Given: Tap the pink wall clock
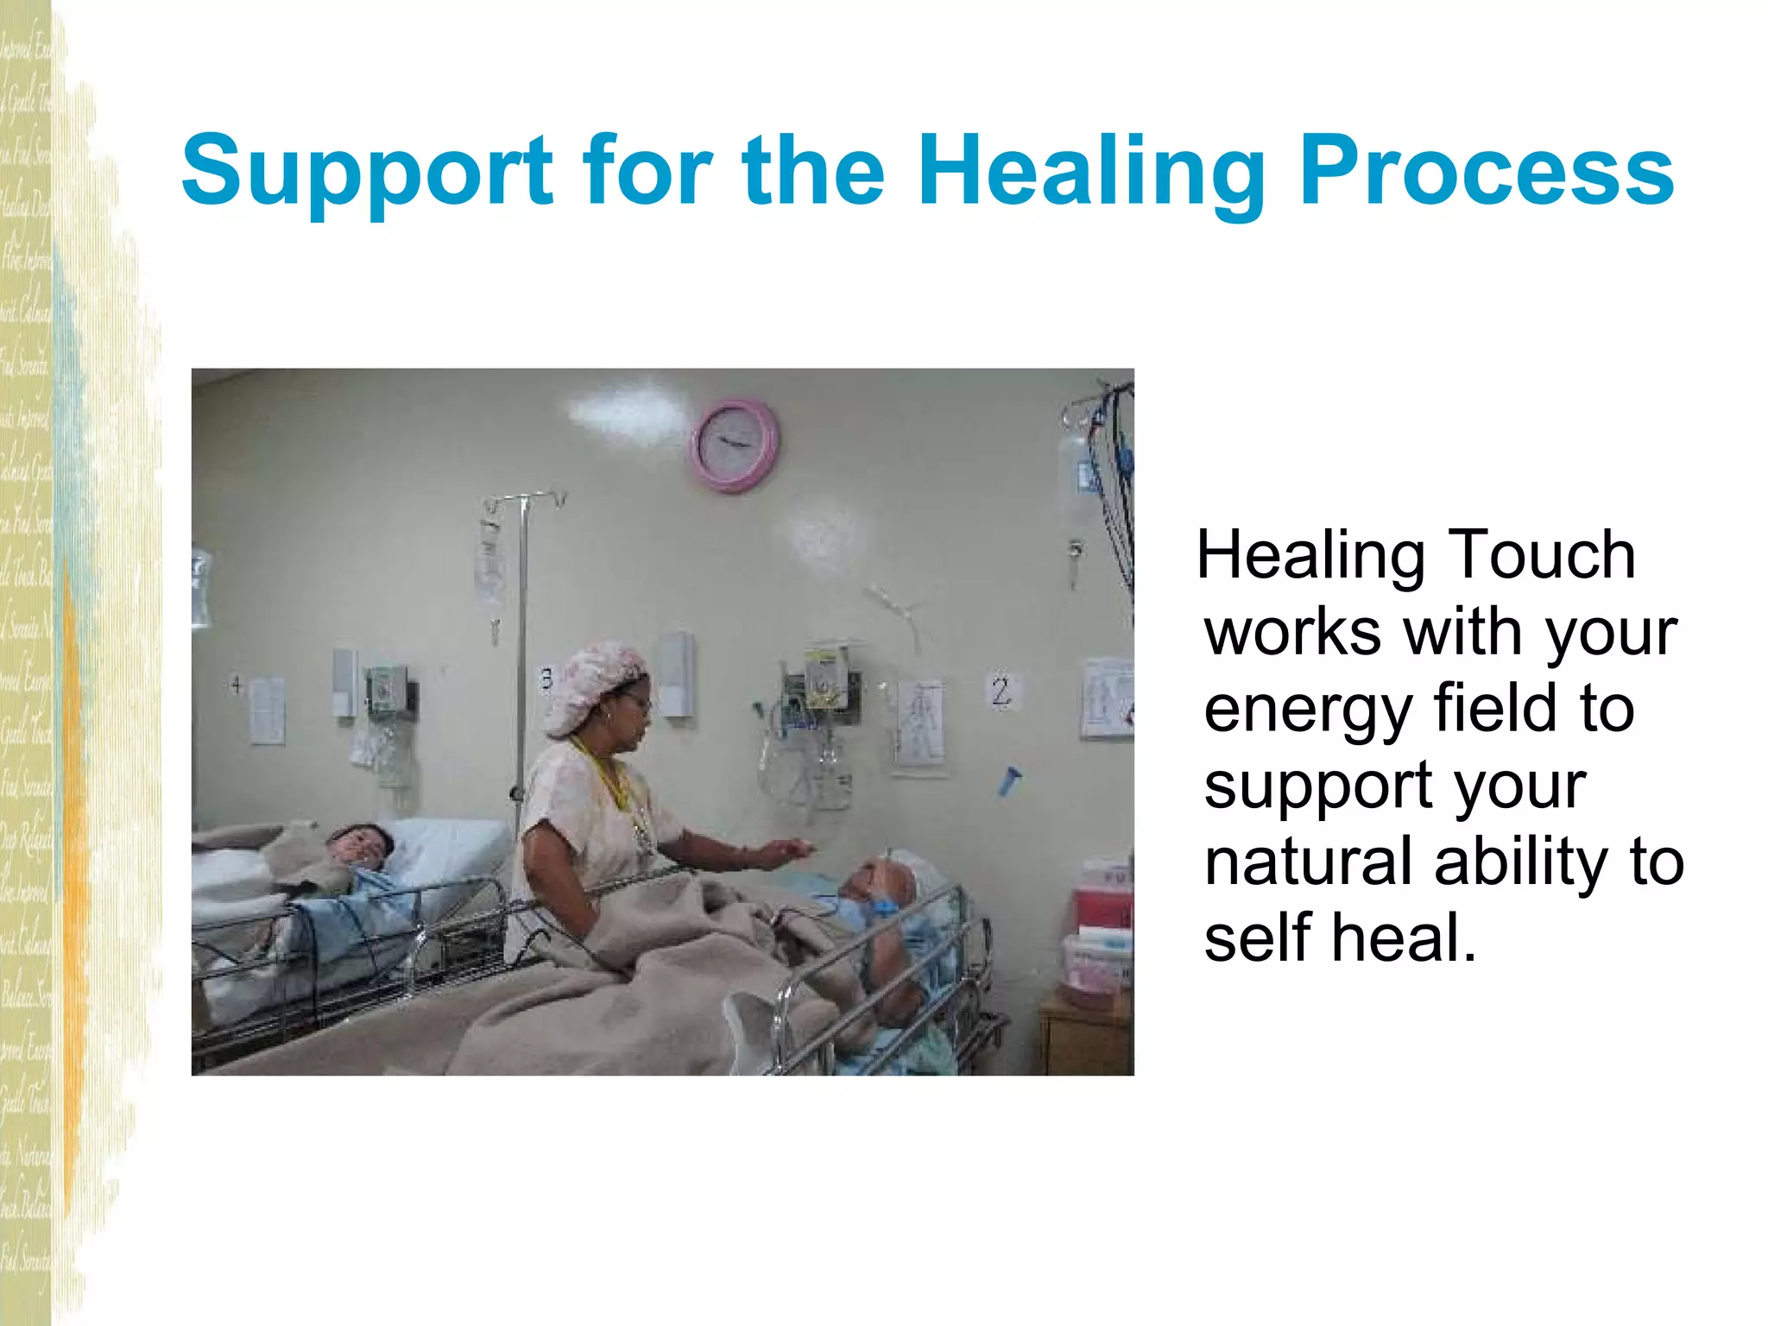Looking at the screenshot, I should coord(735,445).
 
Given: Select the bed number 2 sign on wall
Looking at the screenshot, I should coord(1001,691).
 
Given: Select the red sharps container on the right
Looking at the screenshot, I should coord(1103,898).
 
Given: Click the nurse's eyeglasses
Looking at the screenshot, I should coord(637,702).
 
